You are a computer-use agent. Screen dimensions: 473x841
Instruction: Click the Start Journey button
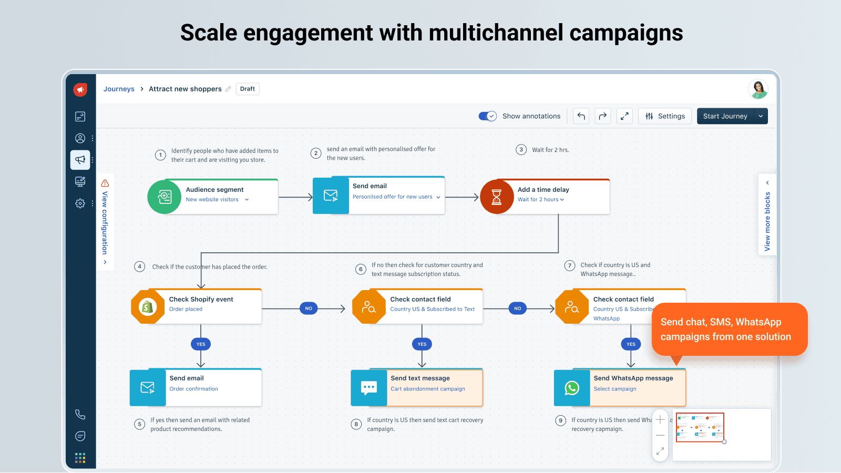pos(725,116)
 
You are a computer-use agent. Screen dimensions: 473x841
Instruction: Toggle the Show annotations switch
pos(487,116)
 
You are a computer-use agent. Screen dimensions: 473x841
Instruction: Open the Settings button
pos(665,116)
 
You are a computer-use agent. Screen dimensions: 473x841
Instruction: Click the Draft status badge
pos(247,89)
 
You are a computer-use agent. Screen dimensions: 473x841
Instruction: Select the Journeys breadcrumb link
pos(119,89)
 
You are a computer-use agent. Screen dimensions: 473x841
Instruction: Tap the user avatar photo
pos(758,89)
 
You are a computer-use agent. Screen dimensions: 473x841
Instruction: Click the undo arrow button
pos(581,116)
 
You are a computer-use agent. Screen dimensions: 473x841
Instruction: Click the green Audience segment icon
pos(165,197)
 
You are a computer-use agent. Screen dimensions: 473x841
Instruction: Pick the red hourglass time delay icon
pos(496,197)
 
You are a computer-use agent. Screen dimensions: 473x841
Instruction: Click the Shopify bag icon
pos(148,306)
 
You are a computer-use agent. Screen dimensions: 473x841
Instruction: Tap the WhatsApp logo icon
pos(572,388)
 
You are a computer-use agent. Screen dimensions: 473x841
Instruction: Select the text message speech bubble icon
pos(369,388)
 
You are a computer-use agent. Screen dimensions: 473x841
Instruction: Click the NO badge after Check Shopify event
pos(309,309)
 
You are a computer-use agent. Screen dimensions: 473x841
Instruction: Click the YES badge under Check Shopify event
pos(201,344)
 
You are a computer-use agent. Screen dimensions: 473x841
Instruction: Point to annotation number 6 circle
pos(361,269)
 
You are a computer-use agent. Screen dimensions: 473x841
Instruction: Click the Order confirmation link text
pos(193,389)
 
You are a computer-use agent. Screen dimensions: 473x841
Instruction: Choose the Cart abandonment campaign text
pos(427,389)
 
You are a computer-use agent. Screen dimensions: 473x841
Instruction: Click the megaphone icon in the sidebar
pos(80,160)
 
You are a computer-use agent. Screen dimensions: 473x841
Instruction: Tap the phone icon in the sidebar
pos(80,415)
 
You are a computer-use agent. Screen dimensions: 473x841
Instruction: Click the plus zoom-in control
pos(660,419)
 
